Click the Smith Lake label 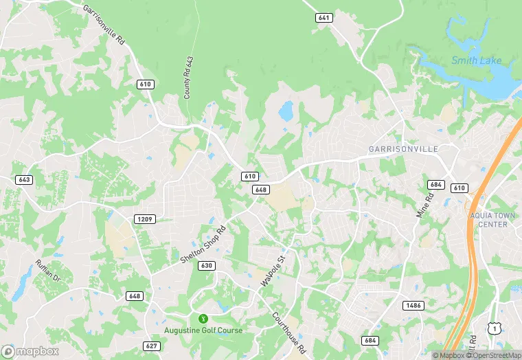pyautogui.click(x=475, y=60)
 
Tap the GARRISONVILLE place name pyautogui.click(x=413, y=148)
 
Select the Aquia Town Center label pyautogui.click(x=492, y=220)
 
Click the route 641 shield pyautogui.click(x=325, y=18)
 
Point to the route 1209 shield pyautogui.click(x=145, y=219)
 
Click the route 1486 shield pyautogui.click(x=414, y=305)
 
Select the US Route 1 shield pyautogui.click(x=493, y=330)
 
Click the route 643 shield pyautogui.click(x=25, y=179)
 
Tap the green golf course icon pyautogui.click(x=203, y=319)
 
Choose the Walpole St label pyautogui.click(x=272, y=271)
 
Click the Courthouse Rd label pyautogui.click(x=288, y=333)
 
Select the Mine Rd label pyautogui.click(x=425, y=205)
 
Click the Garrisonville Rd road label pyautogui.click(x=104, y=25)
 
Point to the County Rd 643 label pyautogui.click(x=188, y=78)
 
